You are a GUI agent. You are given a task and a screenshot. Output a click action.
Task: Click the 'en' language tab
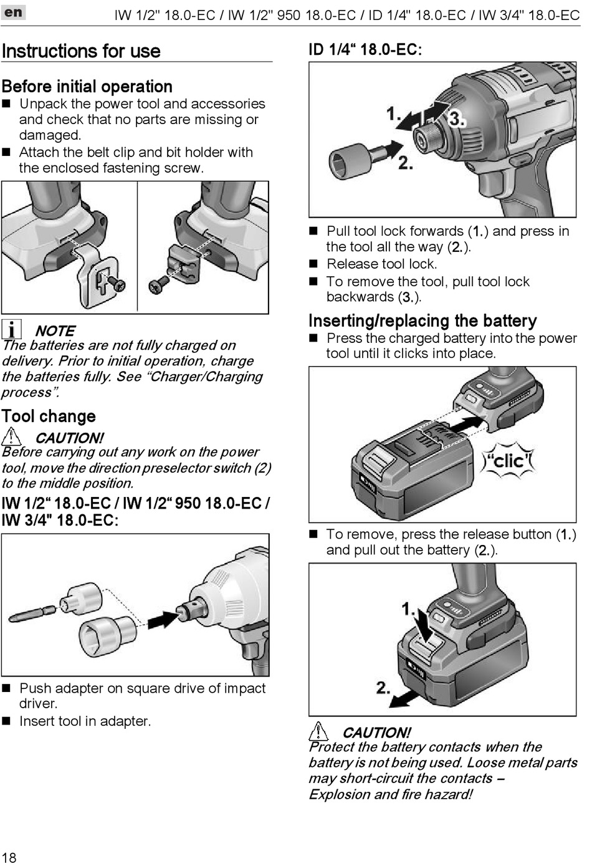click(13, 12)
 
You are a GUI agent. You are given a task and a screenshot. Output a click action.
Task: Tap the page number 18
click(9, 857)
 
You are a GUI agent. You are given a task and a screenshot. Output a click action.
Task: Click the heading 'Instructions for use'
click(81, 51)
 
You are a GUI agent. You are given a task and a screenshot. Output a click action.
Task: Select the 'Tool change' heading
click(49, 416)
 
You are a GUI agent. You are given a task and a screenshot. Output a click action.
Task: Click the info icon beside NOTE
click(11, 329)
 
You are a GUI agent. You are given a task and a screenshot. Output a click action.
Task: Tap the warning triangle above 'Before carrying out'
click(11, 436)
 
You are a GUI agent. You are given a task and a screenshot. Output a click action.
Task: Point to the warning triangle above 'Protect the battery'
click(318, 731)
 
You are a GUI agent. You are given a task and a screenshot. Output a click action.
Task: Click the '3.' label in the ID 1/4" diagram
click(457, 118)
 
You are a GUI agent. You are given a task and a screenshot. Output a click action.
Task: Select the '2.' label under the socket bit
click(405, 163)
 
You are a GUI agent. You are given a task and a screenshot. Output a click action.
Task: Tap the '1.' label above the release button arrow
click(408, 609)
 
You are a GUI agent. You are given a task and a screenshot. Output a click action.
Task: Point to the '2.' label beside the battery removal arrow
click(383, 688)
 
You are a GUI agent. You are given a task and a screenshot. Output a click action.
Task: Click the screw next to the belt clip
click(117, 284)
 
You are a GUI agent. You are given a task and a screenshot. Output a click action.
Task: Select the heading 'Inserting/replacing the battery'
click(423, 321)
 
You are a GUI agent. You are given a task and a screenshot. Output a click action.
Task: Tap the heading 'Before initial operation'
click(87, 87)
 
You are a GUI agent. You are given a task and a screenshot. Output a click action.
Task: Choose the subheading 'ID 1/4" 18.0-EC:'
click(365, 50)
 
